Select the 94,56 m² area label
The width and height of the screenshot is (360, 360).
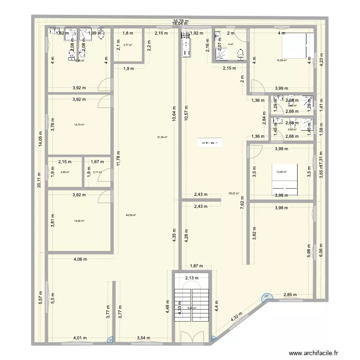[x=131, y=216]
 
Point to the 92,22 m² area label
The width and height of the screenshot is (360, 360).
[x=234, y=193]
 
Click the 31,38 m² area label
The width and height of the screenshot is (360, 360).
[x=162, y=137]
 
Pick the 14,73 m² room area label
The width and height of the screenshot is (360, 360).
[x=79, y=125]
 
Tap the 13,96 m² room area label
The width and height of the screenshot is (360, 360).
[x=281, y=172]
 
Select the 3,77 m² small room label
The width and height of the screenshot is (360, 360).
[x=127, y=45]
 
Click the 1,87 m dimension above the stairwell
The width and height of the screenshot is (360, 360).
[x=194, y=265]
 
